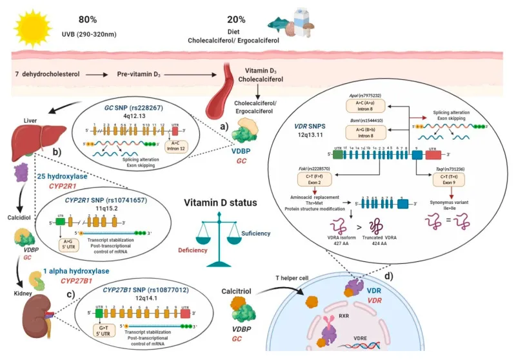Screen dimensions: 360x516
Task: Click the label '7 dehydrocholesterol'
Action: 46,75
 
